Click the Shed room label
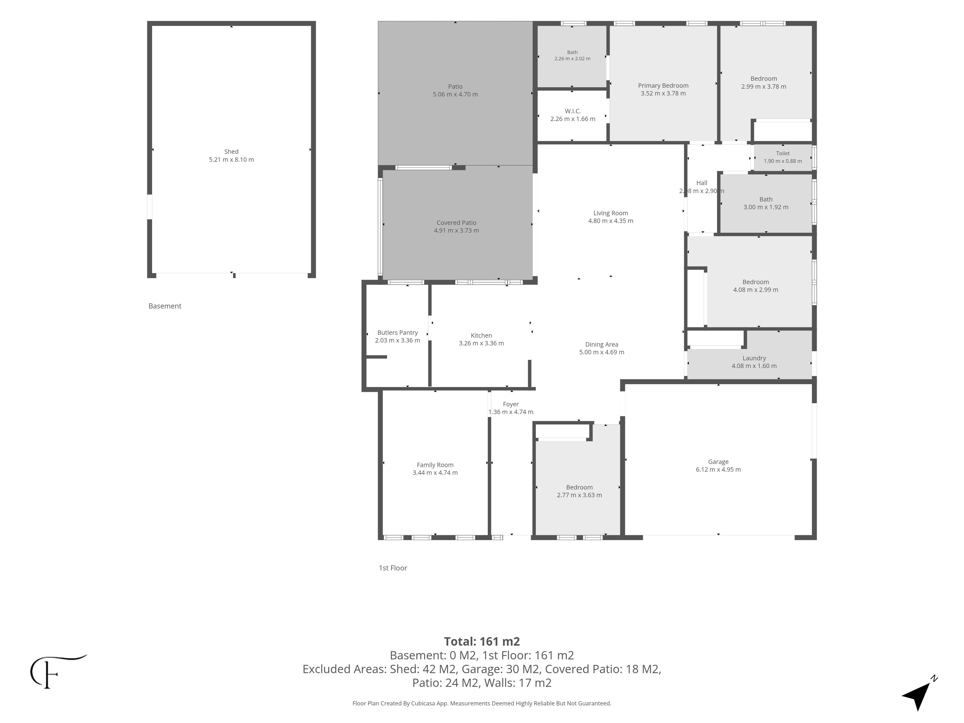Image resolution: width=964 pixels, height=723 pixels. (231, 152)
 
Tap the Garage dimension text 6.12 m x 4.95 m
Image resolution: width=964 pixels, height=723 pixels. (718, 469)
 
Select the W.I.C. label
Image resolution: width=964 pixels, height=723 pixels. (573, 111)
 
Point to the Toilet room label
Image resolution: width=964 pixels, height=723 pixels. (783, 154)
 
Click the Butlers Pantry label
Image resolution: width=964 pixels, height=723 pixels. (397, 333)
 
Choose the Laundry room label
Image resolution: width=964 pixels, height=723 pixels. (754, 358)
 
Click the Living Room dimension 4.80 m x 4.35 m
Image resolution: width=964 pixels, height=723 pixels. (610, 221)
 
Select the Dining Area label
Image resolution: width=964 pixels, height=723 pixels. (601, 344)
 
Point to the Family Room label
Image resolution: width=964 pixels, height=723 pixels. (435, 465)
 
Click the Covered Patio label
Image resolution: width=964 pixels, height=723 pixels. (456, 223)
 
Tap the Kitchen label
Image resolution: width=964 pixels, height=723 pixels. (481, 335)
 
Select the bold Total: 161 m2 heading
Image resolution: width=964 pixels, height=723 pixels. (482, 642)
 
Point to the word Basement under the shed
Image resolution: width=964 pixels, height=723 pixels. (165, 306)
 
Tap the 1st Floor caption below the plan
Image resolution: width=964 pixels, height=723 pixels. (393, 568)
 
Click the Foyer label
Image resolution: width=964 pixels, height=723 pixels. (511, 404)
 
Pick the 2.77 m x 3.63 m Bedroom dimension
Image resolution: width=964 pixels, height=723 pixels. (579, 495)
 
